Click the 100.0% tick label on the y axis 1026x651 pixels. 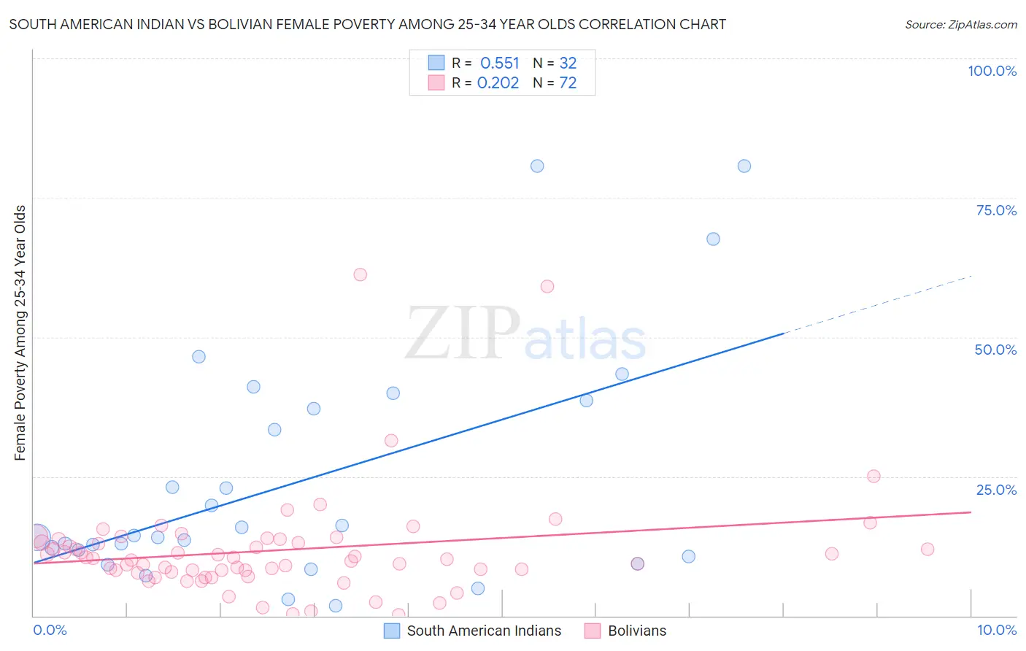point(992,71)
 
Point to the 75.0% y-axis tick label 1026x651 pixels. point(996,210)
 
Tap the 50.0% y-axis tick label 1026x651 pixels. point(995,350)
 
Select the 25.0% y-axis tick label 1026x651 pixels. point(996,490)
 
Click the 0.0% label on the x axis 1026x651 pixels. point(50,630)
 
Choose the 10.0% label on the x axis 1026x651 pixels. point(996,630)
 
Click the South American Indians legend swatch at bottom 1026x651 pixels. point(392,631)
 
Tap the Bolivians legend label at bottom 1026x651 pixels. point(636,631)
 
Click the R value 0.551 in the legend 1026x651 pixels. point(499,63)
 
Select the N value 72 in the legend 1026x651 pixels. point(568,83)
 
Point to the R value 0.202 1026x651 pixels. point(498,83)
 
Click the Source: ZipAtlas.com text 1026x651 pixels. point(960,25)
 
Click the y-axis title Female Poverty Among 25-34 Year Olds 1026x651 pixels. point(20,333)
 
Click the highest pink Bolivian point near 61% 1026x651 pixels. point(360,274)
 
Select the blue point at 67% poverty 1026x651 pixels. point(713,239)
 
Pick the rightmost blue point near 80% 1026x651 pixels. point(744,166)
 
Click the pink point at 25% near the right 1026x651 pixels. point(873,476)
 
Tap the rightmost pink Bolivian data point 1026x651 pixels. point(927,549)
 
